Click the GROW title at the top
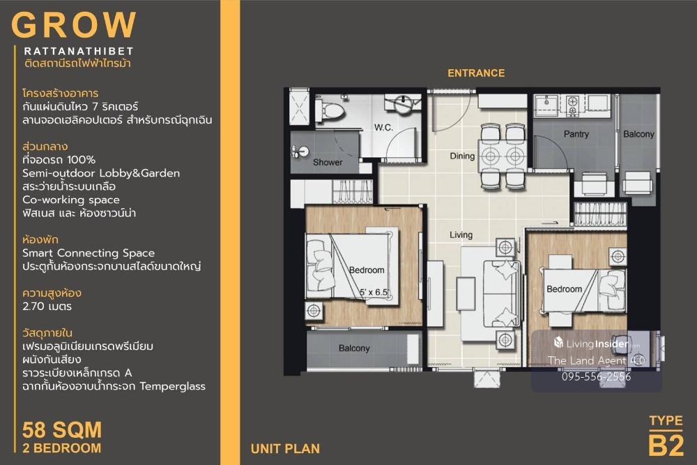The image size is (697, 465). [x=74, y=24]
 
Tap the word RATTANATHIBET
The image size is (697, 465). [x=79, y=51]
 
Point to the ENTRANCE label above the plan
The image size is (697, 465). [x=476, y=73]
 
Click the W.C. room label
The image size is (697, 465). [x=383, y=127]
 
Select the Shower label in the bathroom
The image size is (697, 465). [x=328, y=162]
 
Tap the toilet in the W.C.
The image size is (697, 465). [x=330, y=110]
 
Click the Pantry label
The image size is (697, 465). [x=576, y=134]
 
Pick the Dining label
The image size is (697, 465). [x=462, y=156]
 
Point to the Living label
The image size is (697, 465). [x=461, y=235]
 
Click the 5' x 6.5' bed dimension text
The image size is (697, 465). [x=374, y=292]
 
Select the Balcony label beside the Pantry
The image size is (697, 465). [x=638, y=134]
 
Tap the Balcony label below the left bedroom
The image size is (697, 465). [x=354, y=348]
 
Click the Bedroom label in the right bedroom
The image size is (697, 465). [x=564, y=289]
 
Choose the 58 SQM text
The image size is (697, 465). [x=62, y=430]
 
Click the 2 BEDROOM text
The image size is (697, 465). [x=62, y=448]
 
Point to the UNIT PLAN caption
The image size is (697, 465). [x=285, y=448]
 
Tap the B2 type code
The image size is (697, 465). [x=666, y=445]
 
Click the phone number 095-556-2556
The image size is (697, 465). [x=596, y=376]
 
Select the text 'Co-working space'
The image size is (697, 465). [x=71, y=200]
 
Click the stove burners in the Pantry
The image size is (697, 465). [x=572, y=105]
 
